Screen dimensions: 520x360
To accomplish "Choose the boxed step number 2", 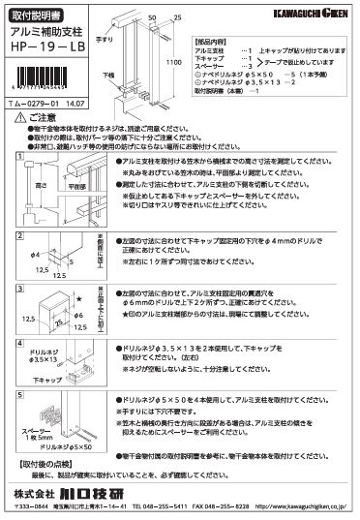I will pyautogui.click(x=19, y=238).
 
